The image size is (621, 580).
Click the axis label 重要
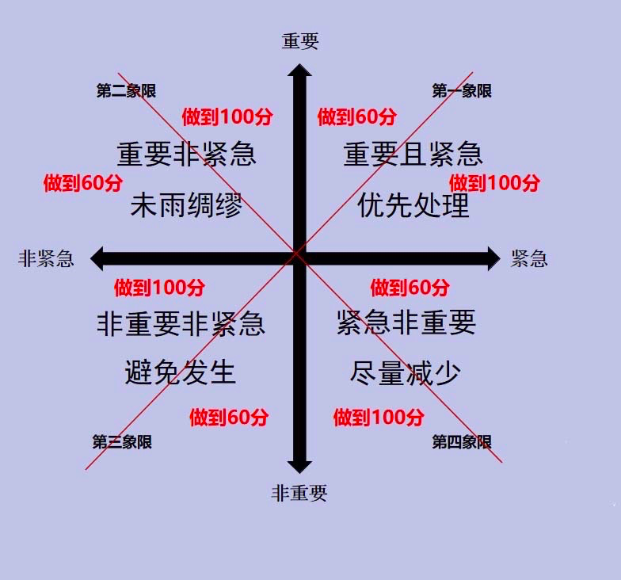(300, 41)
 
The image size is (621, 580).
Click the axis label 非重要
(299, 494)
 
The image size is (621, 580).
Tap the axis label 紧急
(529, 258)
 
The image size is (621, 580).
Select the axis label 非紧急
(46, 258)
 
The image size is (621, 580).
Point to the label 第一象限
(462, 90)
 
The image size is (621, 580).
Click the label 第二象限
(127, 90)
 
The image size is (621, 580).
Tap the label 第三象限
(122, 442)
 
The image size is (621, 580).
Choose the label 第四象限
(462, 442)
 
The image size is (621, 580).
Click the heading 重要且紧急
(413, 154)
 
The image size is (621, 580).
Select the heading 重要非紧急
(187, 154)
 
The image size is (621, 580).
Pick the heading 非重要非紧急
(181, 323)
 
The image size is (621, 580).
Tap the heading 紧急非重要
(406, 322)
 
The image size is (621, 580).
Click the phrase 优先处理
(413, 205)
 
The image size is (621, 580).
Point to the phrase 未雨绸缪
(187, 205)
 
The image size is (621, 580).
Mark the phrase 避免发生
(181, 372)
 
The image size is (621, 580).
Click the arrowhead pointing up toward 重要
(299, 70)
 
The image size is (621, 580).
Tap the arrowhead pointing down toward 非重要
(299, 467)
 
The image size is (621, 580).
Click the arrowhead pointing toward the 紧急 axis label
(494, 258)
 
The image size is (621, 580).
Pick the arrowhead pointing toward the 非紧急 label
(97, 258)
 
